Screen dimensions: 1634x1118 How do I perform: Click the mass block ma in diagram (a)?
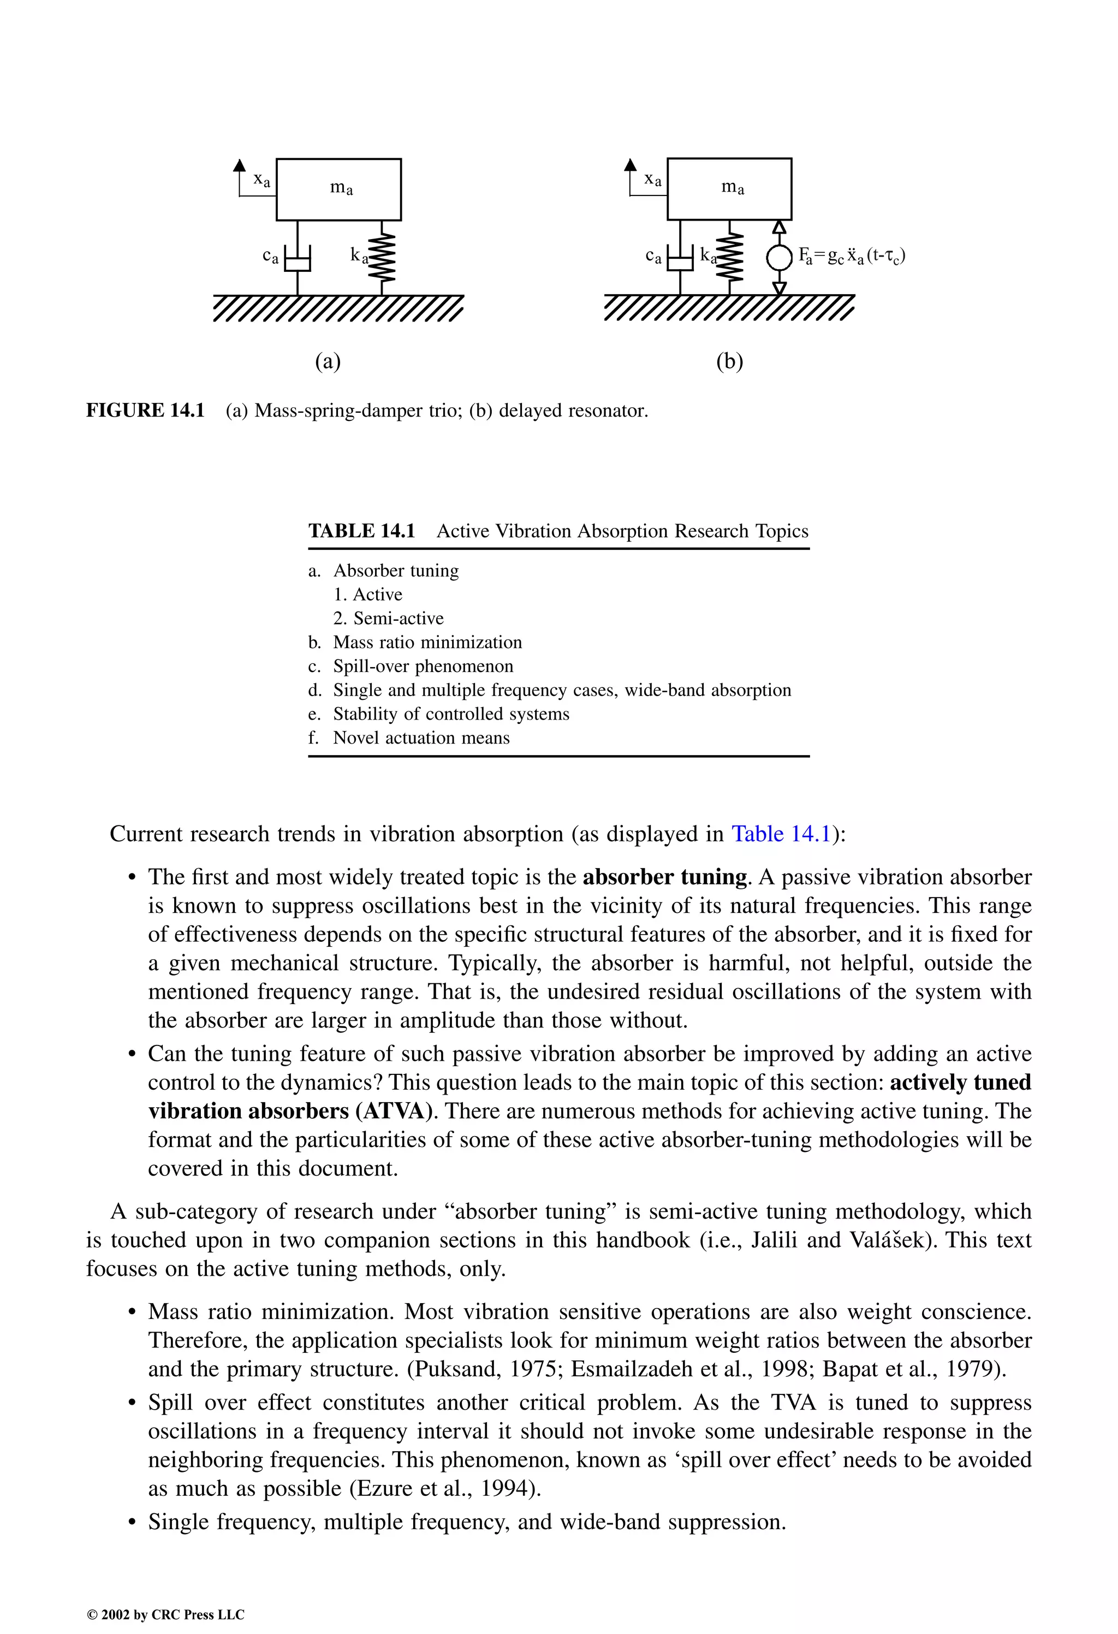coord(338,189)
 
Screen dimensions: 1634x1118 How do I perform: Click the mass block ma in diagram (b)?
coord(729,188)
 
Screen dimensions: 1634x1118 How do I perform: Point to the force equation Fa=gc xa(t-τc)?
coord(852,256)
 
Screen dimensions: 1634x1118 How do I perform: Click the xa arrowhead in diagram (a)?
coord(240,166)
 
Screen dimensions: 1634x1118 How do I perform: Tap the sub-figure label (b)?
coord(729,361)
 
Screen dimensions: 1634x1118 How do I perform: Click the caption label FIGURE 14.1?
coord(145,411)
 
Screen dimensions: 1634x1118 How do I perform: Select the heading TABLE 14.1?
coord(361,531)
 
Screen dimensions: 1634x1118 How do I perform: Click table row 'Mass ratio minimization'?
coord(427,643)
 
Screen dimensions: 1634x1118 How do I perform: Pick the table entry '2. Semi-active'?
coord(388,619)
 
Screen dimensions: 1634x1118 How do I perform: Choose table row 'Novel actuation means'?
coord(420,738)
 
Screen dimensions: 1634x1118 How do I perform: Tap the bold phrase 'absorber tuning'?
coord(664,877)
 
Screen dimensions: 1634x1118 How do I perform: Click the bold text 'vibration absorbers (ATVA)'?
coord(293,1111)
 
